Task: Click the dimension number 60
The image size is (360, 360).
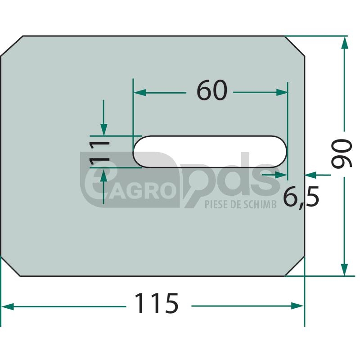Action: pyautogui.click(x=212, y=90)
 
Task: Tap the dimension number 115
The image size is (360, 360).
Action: pyautogui.click(x=156, y=303)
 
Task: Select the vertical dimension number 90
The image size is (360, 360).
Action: pyautogui.click(x=342, y=153)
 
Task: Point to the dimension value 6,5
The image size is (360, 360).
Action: pyautogui.click(x=301, y=196)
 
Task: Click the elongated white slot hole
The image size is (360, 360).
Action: pyautogui.click(x=210, y=152)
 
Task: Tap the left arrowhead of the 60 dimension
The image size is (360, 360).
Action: pyautogui.click(x=139, y=93)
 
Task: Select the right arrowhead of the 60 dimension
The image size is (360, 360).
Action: pyautogui.click(x=281, y=93)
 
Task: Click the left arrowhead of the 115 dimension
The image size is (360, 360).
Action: pyautogui.click(x=7, y=306)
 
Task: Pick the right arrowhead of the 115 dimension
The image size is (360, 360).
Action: pyautogui.click(x=297, y=306)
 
